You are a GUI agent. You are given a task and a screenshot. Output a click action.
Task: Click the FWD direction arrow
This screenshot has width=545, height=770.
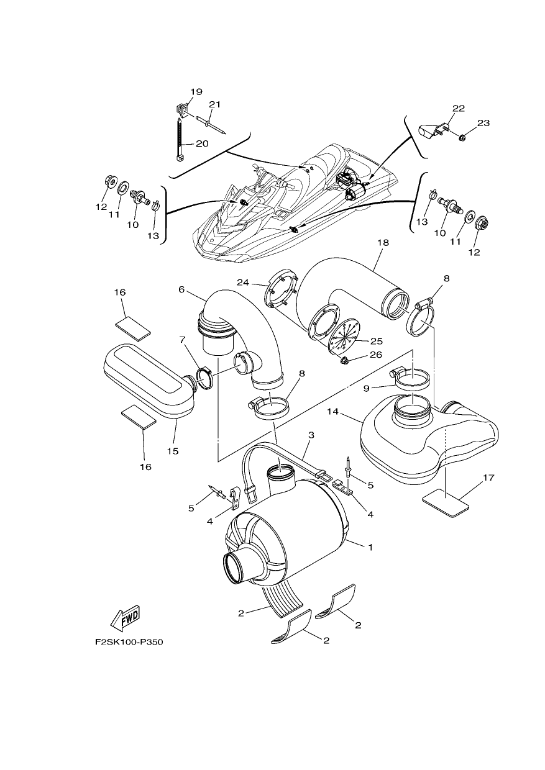(124, 617)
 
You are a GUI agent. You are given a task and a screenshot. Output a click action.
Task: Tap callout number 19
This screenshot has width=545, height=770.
(196, 92)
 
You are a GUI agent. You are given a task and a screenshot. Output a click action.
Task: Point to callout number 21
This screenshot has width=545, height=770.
(214, 104)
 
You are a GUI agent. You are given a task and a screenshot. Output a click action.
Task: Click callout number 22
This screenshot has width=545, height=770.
(458, 108)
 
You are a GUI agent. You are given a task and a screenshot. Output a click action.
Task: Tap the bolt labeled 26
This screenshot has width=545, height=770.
(343, 361)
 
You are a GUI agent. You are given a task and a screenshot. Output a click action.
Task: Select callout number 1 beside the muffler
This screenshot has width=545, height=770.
(370, 547)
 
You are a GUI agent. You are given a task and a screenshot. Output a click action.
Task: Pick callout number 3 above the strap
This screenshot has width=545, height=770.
(311, 435)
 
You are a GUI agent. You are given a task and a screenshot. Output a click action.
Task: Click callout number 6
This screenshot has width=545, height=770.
(181, 289)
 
